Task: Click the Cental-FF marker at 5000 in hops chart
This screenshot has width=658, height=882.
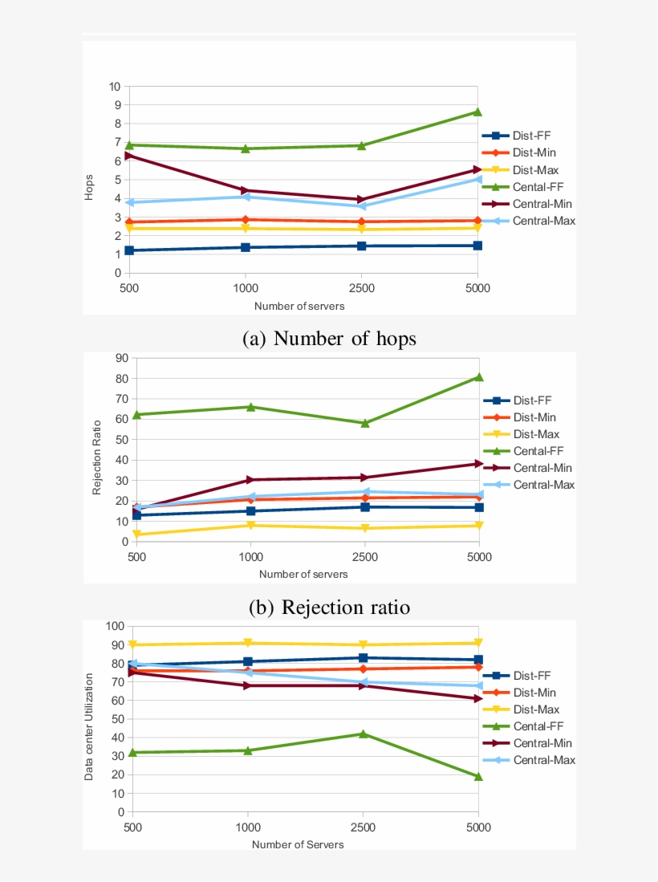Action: [477, 112]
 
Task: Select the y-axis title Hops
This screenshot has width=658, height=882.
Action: [90, 188]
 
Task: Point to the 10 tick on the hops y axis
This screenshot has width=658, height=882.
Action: [114, 87]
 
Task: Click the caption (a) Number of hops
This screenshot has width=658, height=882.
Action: [329, 339]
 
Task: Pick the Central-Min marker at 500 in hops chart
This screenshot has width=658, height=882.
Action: [128, 156]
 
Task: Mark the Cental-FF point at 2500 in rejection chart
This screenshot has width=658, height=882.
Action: [365, 423]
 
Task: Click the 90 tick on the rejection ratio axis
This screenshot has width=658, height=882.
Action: [122, 358]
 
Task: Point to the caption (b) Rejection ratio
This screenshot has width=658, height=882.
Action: [329, 608]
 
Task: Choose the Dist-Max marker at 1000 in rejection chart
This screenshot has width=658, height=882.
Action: [251, 526]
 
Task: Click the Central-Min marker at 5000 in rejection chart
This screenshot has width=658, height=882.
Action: [478, 464]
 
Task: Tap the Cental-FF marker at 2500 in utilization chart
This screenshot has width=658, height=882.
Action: [364, 734]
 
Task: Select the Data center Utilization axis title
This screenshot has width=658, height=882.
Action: [90, 727]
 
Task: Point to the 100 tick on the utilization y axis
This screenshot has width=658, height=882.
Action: [113, 626]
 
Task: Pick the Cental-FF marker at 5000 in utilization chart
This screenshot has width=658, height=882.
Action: [478, 776]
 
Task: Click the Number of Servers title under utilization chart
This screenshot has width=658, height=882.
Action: [298, 844]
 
